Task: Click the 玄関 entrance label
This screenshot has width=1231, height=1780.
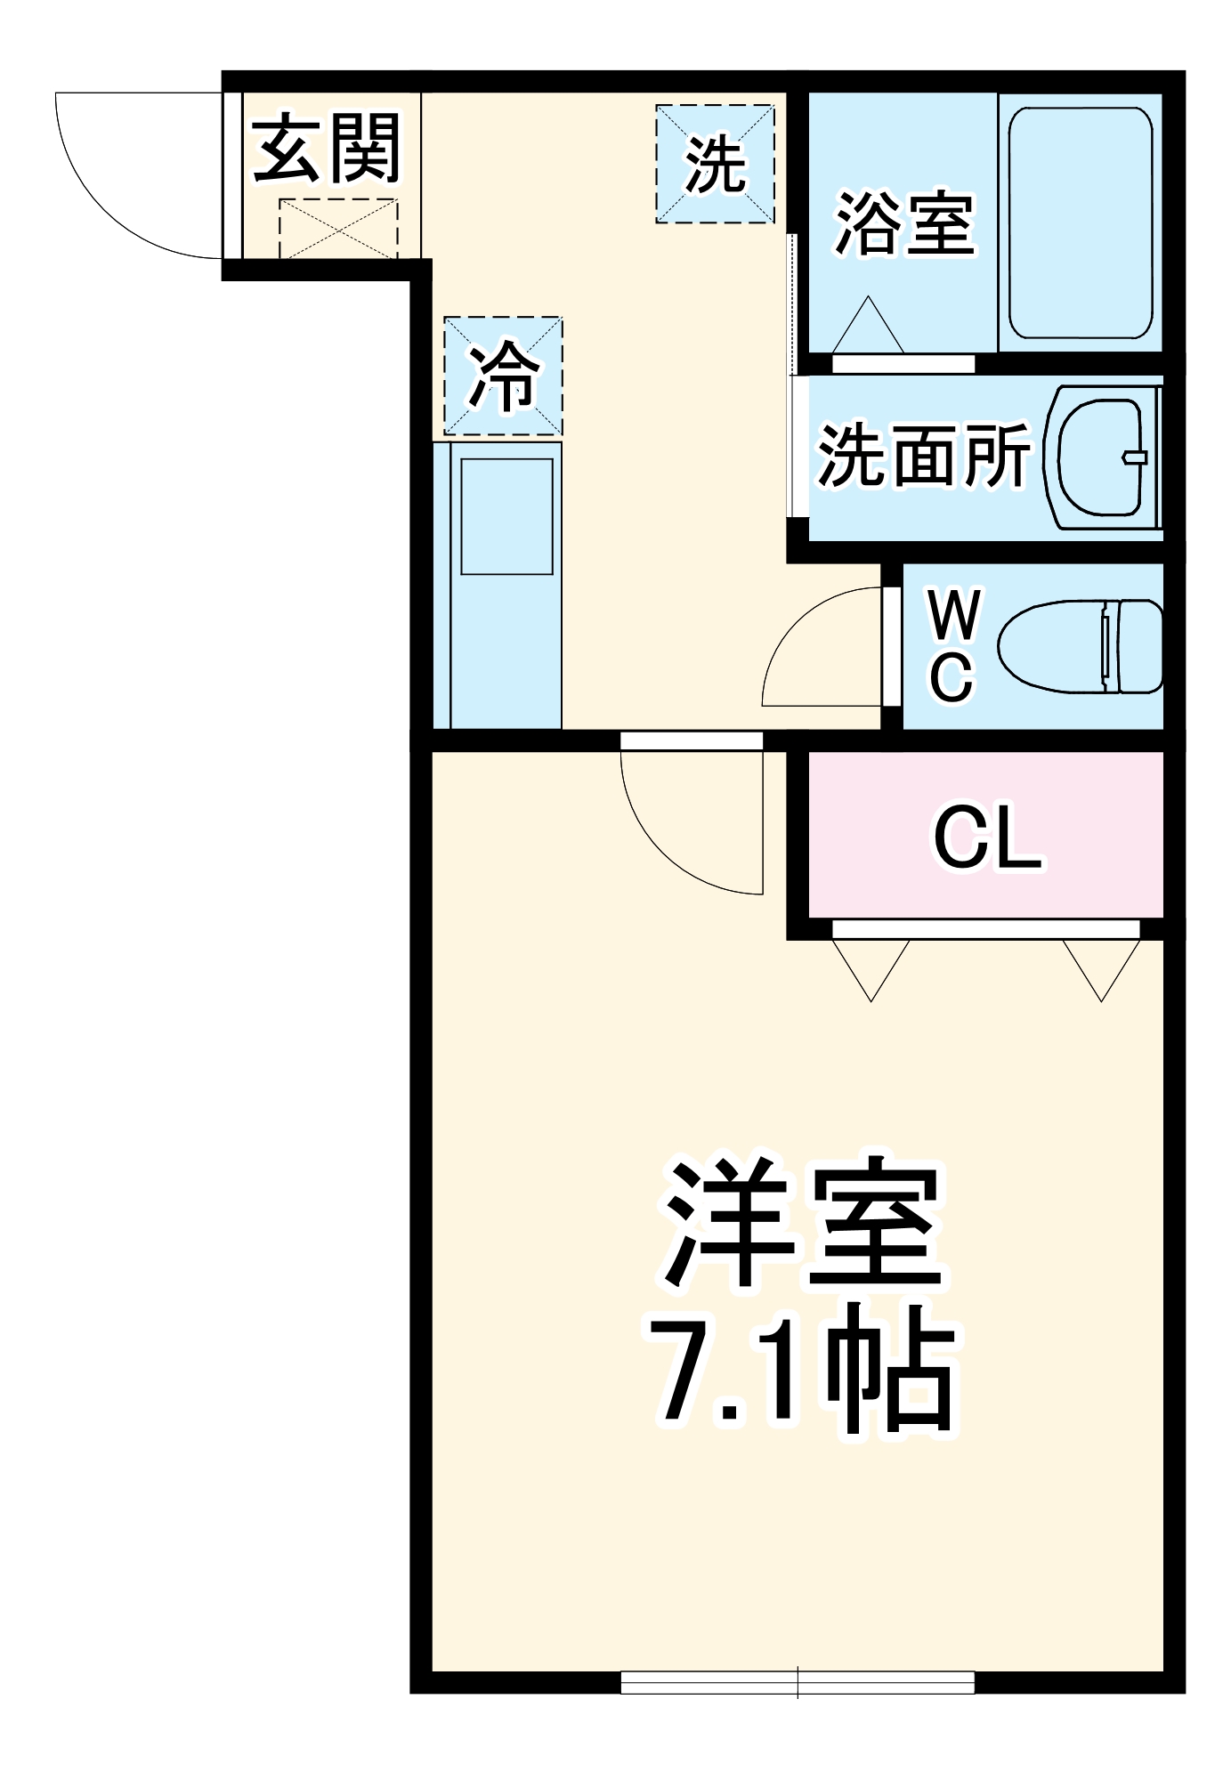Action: click(327, 148)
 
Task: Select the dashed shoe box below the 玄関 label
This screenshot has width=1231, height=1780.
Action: click(337, 228)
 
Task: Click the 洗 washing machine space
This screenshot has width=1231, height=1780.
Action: click(715, 164)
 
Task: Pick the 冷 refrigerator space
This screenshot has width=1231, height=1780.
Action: click(503, 376)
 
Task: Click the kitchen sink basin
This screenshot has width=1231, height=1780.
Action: click(506, 515)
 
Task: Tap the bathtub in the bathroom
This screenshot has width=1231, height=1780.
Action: click(1080, 222)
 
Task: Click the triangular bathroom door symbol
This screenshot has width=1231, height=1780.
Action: click(868, 328)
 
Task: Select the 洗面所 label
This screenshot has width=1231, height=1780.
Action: click(923, 456)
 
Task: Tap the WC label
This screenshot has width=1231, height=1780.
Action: click(952, 645)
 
